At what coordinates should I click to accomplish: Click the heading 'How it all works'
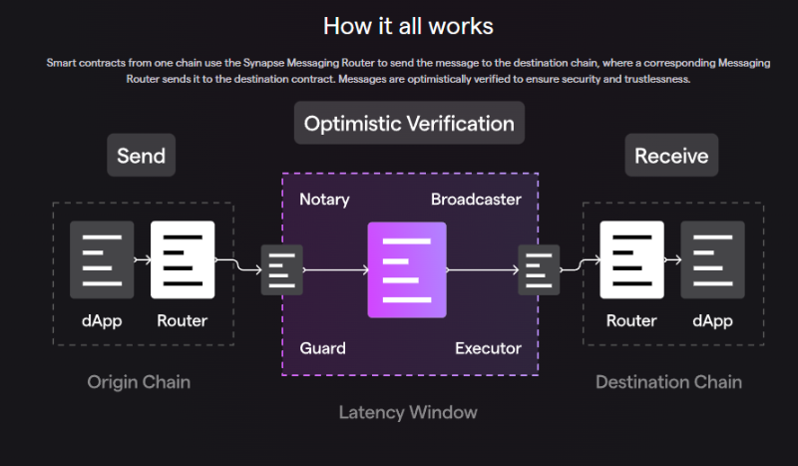click(x=408, y=24)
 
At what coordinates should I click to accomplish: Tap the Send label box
click(x=141, y=156)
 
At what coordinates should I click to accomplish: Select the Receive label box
click(x=671, y=156)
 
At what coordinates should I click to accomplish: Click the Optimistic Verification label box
click(x=409, y=124)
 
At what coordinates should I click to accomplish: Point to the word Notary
click(x=324, y=200)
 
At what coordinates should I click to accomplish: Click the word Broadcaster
click(x=476, y=200)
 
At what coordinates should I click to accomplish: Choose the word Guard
click(x=323, y=348)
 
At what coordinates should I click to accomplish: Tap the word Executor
click(x=488, y=348)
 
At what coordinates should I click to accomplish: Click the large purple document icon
click(x=408, y=269)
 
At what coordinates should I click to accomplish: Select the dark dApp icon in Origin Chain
click(x=102, y=259)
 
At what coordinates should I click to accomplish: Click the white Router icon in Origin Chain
click(x=183, y=259)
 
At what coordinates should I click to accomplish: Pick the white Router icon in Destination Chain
click(x=632, y=259)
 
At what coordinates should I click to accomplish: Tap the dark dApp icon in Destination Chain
click(x=712, y=259)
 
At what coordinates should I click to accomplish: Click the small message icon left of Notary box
click(x=282, y=269)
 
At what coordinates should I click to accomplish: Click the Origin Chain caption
click(x=139, y=382)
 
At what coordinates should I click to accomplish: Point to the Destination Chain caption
click(x=668, y=382)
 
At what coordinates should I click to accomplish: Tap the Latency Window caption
click(x=408, y=412)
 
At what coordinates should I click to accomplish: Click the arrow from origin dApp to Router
click(x=142, y=260)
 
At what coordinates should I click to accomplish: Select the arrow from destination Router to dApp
click(x=672, y=260)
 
